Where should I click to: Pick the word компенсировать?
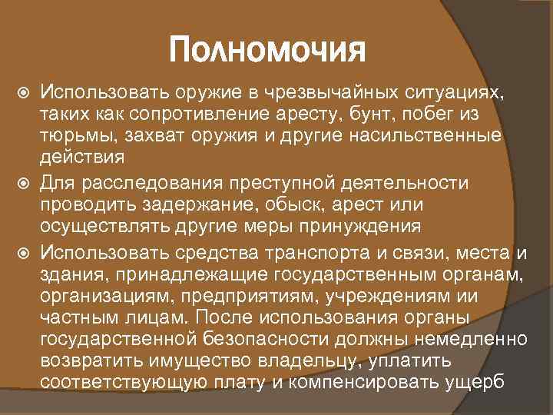(373, 383)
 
